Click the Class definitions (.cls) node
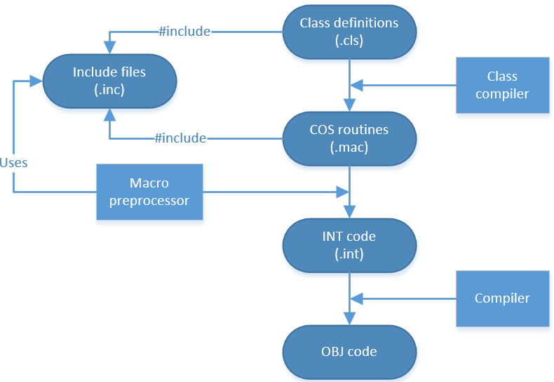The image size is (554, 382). click(x=349, y=32)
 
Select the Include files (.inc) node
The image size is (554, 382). click(x=110, y=81)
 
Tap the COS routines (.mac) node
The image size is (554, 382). click(x=349, y=138)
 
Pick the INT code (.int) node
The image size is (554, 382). click(x=349, y=245)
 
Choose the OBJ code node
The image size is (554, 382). click(x=349, y=351)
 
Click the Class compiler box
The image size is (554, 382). click(x=501, y=85)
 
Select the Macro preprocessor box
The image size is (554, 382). click(x=149, y=191)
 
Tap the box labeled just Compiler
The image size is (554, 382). click(x=501, y=298)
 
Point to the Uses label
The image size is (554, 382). click(x=13, y=162)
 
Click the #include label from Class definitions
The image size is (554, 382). click(x=183, y=32)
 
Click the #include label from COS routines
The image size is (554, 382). click(x=180, y=138)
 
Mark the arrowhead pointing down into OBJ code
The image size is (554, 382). click(x=349, y=319)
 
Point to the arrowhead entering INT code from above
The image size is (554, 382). click(x=349, y=213)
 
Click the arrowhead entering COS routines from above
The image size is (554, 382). click(x=349, y=106)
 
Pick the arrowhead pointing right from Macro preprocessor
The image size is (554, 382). click(x=343, y=191)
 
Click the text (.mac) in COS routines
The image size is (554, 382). click(x=349, y=147)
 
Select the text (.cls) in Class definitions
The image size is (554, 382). click(x=349, y=40)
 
